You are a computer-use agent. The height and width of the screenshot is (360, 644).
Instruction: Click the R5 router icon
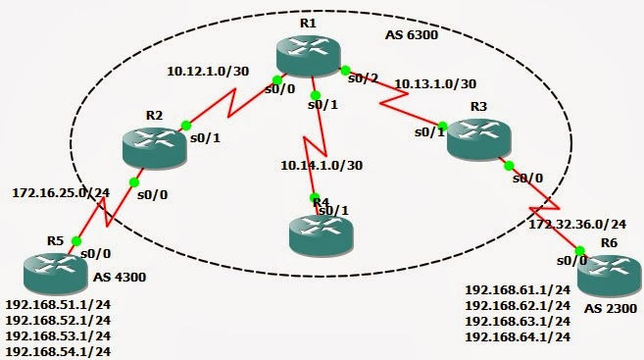pos(46,269)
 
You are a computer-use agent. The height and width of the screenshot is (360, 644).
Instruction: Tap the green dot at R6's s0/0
pos(581,250)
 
